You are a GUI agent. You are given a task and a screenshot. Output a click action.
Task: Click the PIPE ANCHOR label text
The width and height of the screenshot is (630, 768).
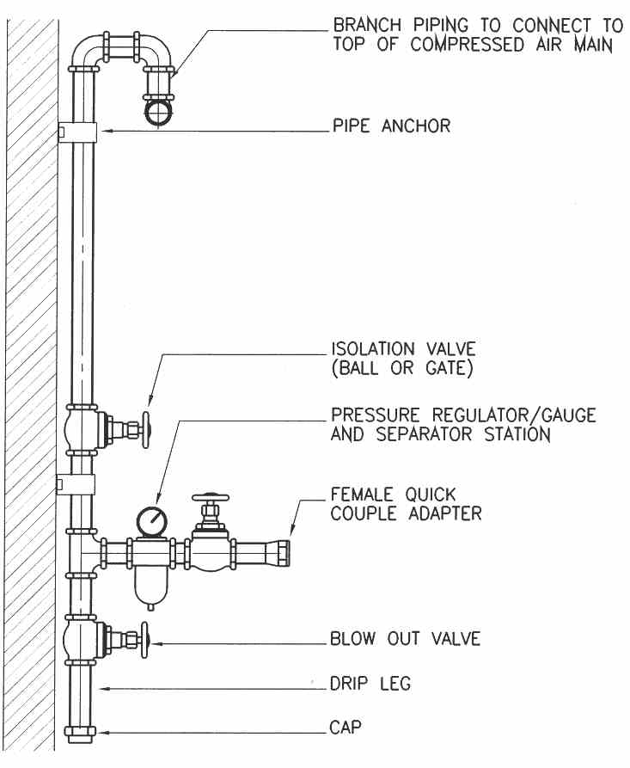(x=391, y=126)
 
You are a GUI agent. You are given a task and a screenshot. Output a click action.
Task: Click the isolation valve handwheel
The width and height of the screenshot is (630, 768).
(x=146, y=429)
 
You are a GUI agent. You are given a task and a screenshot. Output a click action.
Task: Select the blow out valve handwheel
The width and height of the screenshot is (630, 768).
(x=144, y=640)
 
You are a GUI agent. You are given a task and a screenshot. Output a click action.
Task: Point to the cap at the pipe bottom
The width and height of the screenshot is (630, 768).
(x=80, y=734)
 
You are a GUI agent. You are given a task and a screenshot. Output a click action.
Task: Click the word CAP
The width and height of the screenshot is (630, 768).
(x=346, y=728)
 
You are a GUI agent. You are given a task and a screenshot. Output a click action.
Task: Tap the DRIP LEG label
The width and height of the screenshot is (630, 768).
(x=370, y=683)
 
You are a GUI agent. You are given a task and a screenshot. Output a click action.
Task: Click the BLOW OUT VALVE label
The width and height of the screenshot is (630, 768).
(x=405, y=639)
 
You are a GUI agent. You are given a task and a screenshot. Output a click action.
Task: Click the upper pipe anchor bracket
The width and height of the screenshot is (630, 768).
(x=77, y=132)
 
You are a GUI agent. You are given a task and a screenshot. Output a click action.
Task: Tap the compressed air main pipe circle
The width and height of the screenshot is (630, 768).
(x=159, y=112)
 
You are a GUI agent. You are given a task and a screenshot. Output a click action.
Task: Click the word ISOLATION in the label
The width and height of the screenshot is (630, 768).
(x=373, y=349)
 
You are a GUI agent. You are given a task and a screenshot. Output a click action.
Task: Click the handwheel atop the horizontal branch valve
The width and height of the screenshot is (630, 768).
(x=211, y=497)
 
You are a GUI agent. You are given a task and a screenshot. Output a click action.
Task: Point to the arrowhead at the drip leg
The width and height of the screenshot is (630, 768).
(x=103, y=689)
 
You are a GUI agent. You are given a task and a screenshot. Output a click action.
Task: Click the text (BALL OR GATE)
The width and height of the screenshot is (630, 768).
(x=402, y=368)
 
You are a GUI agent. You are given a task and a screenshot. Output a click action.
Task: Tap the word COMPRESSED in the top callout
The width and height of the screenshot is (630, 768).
(x=467, y=45)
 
